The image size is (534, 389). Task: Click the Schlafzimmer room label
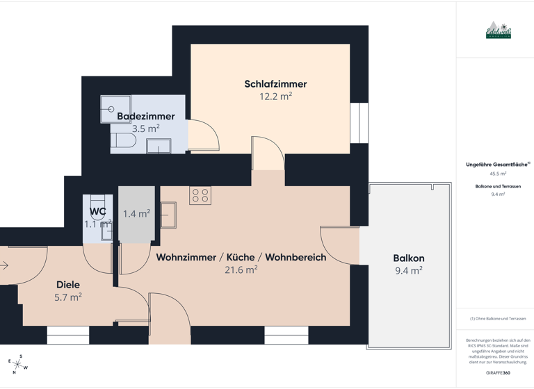pos(275,84)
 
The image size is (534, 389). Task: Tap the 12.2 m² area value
pos(275,97)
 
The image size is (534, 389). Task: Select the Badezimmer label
pos(145,116)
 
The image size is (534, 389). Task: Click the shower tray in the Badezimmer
pos(115,109)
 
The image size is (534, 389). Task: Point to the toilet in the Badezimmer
pos(123,141)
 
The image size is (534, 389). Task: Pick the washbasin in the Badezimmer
pos(159,145)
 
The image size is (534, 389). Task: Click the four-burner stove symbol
pos(200,196)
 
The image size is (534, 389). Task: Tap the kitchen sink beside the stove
pos(168,215)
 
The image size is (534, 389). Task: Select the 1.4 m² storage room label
pos(136,214)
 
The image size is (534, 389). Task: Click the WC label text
pos(97,212)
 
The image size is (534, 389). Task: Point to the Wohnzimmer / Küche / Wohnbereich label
pos(241,257)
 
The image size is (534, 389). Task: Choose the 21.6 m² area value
pos(241,270)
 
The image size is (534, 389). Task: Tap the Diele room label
pos(67,284)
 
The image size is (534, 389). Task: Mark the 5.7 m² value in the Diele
pos(67,297)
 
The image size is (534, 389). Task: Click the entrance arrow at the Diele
pos(3,265)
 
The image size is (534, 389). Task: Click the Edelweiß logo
pos(498,31)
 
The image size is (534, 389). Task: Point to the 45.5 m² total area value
pos(498,174)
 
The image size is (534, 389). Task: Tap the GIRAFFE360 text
pos(498,373)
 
